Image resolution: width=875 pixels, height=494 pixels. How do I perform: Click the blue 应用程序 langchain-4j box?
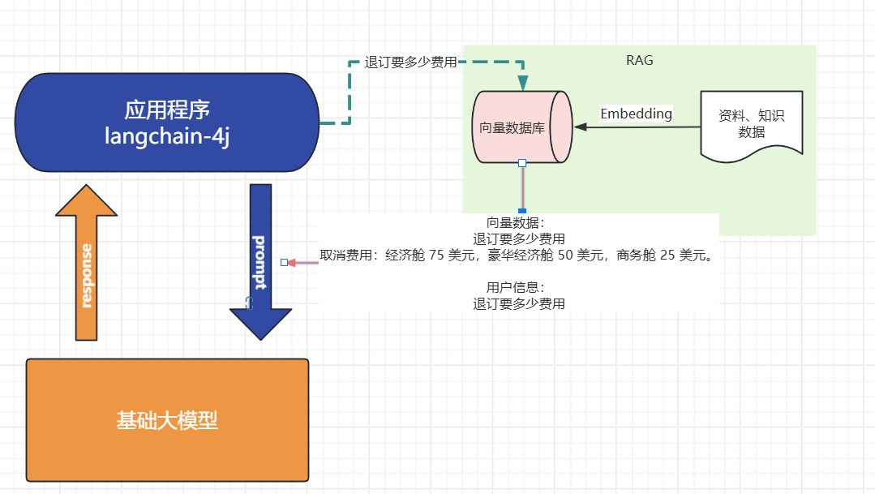pos(167,122)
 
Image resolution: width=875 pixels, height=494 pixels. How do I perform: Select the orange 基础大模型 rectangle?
pos(167,419)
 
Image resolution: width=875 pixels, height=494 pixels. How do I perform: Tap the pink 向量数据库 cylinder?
pos(522,127)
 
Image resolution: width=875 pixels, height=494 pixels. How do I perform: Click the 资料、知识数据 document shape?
pos(752,127)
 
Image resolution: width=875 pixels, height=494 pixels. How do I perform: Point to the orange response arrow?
pos(87,262)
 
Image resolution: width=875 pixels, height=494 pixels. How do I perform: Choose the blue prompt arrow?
pos(260,262)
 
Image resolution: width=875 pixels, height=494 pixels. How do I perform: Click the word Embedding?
pos(636,114)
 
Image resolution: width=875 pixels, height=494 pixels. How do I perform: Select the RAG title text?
pos(640,60)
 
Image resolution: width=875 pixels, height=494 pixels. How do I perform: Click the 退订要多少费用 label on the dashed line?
pos(410,62)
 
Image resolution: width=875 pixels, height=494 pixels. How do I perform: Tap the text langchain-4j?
pos(167,136)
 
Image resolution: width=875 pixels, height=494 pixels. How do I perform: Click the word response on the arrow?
pos(87,276)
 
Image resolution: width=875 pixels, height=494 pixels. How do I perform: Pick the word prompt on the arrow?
pos(259,262)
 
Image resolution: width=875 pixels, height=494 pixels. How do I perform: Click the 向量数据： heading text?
pos(516,223)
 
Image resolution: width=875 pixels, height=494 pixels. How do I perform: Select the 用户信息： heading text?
pos(516,287)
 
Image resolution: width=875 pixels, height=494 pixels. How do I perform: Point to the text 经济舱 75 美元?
pos(430,255)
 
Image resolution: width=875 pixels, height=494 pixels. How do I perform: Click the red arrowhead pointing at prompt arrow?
pos(291,262)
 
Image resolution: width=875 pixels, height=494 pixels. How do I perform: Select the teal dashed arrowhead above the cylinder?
pos(523,84)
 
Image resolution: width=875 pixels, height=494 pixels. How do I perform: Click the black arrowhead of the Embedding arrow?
pos(581,127)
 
